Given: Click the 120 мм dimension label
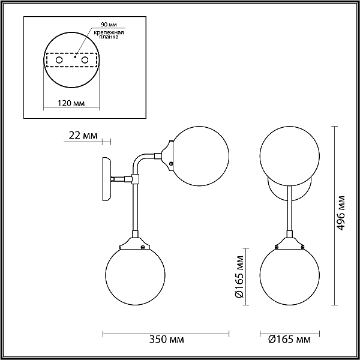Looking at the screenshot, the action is pos(71,103).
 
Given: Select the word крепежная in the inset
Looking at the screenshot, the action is pos(109,32).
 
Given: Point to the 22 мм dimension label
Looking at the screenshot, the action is pos(83,136).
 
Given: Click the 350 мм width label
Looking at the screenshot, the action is pos(166,340).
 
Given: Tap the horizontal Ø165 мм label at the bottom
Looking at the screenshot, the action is pos(290,340).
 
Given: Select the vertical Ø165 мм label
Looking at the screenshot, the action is pos(239,277).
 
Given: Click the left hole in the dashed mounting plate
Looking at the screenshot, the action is pos(59,60).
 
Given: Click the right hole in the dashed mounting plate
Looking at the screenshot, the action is pos(85,60).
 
